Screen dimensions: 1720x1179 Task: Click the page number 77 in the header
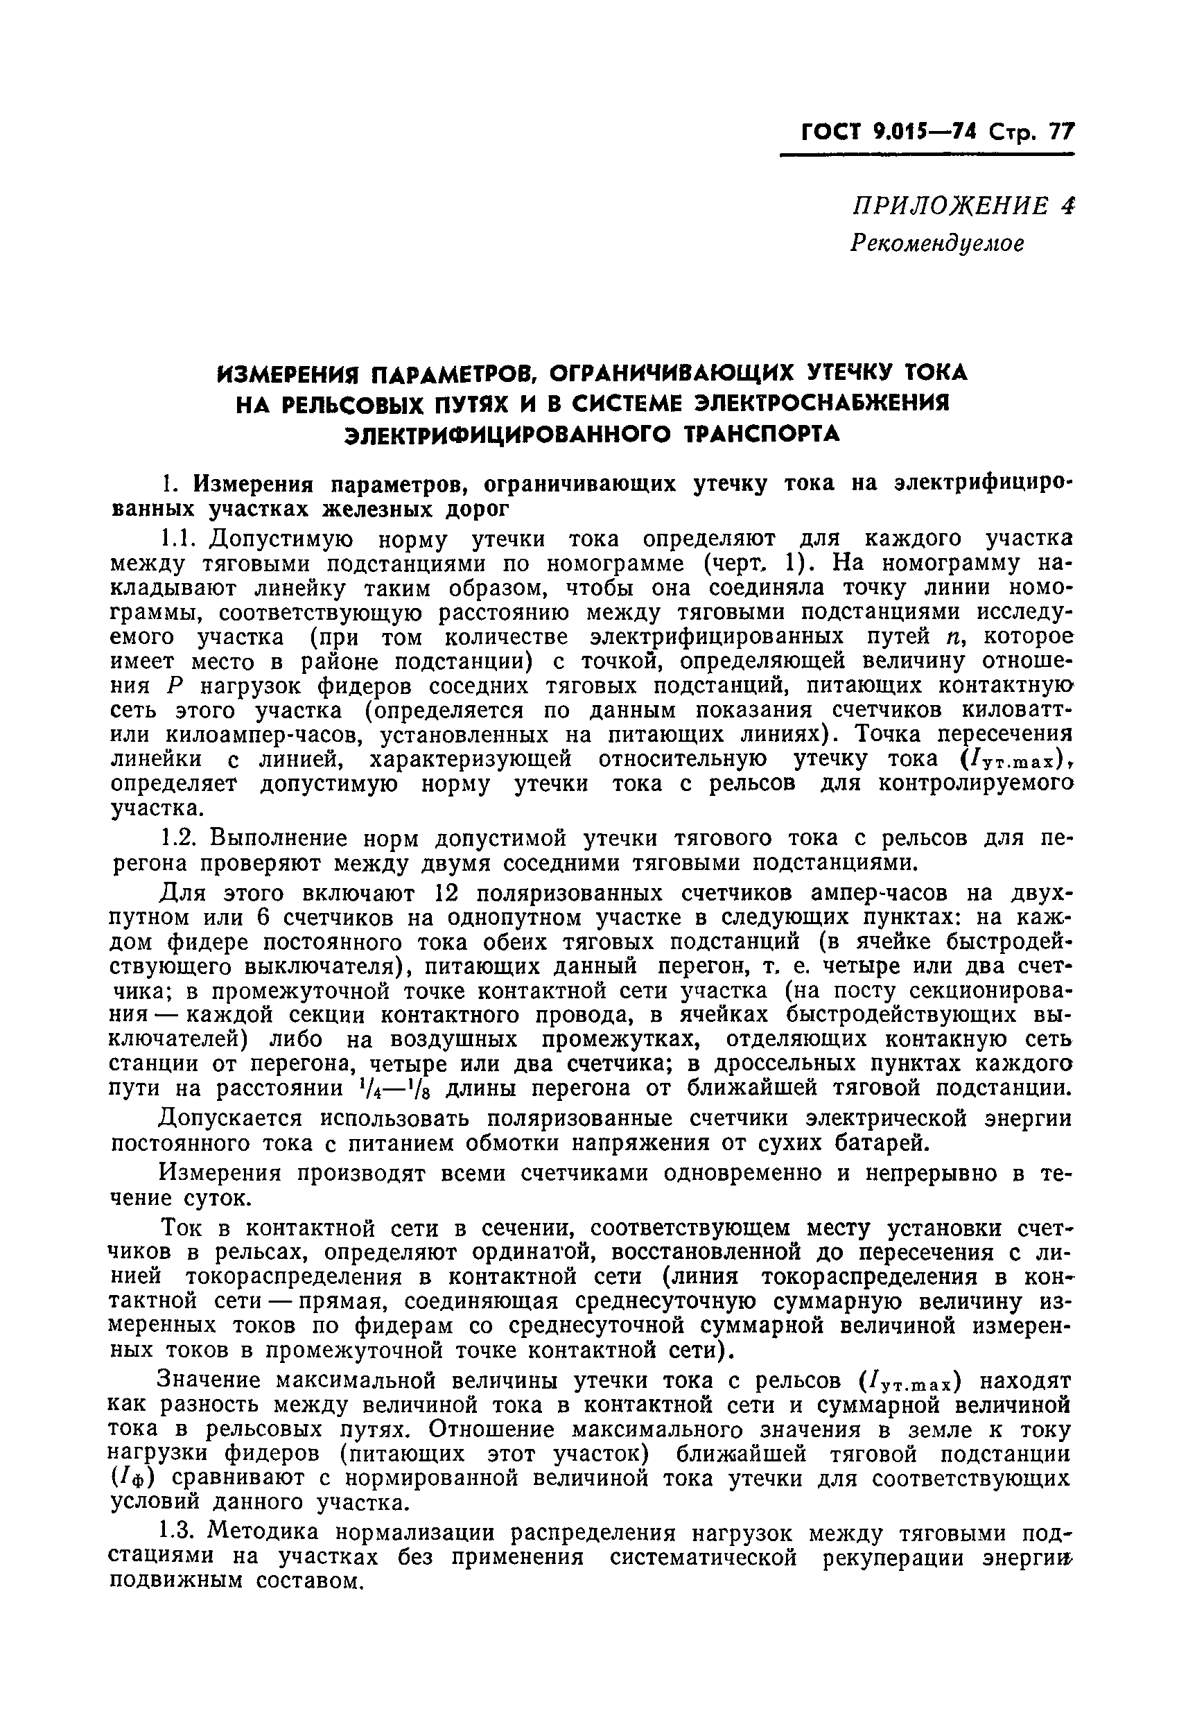pyautogui.click(x=1058, y=132)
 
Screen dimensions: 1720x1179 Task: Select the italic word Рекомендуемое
pyautogui.click(x=937, y=243)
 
